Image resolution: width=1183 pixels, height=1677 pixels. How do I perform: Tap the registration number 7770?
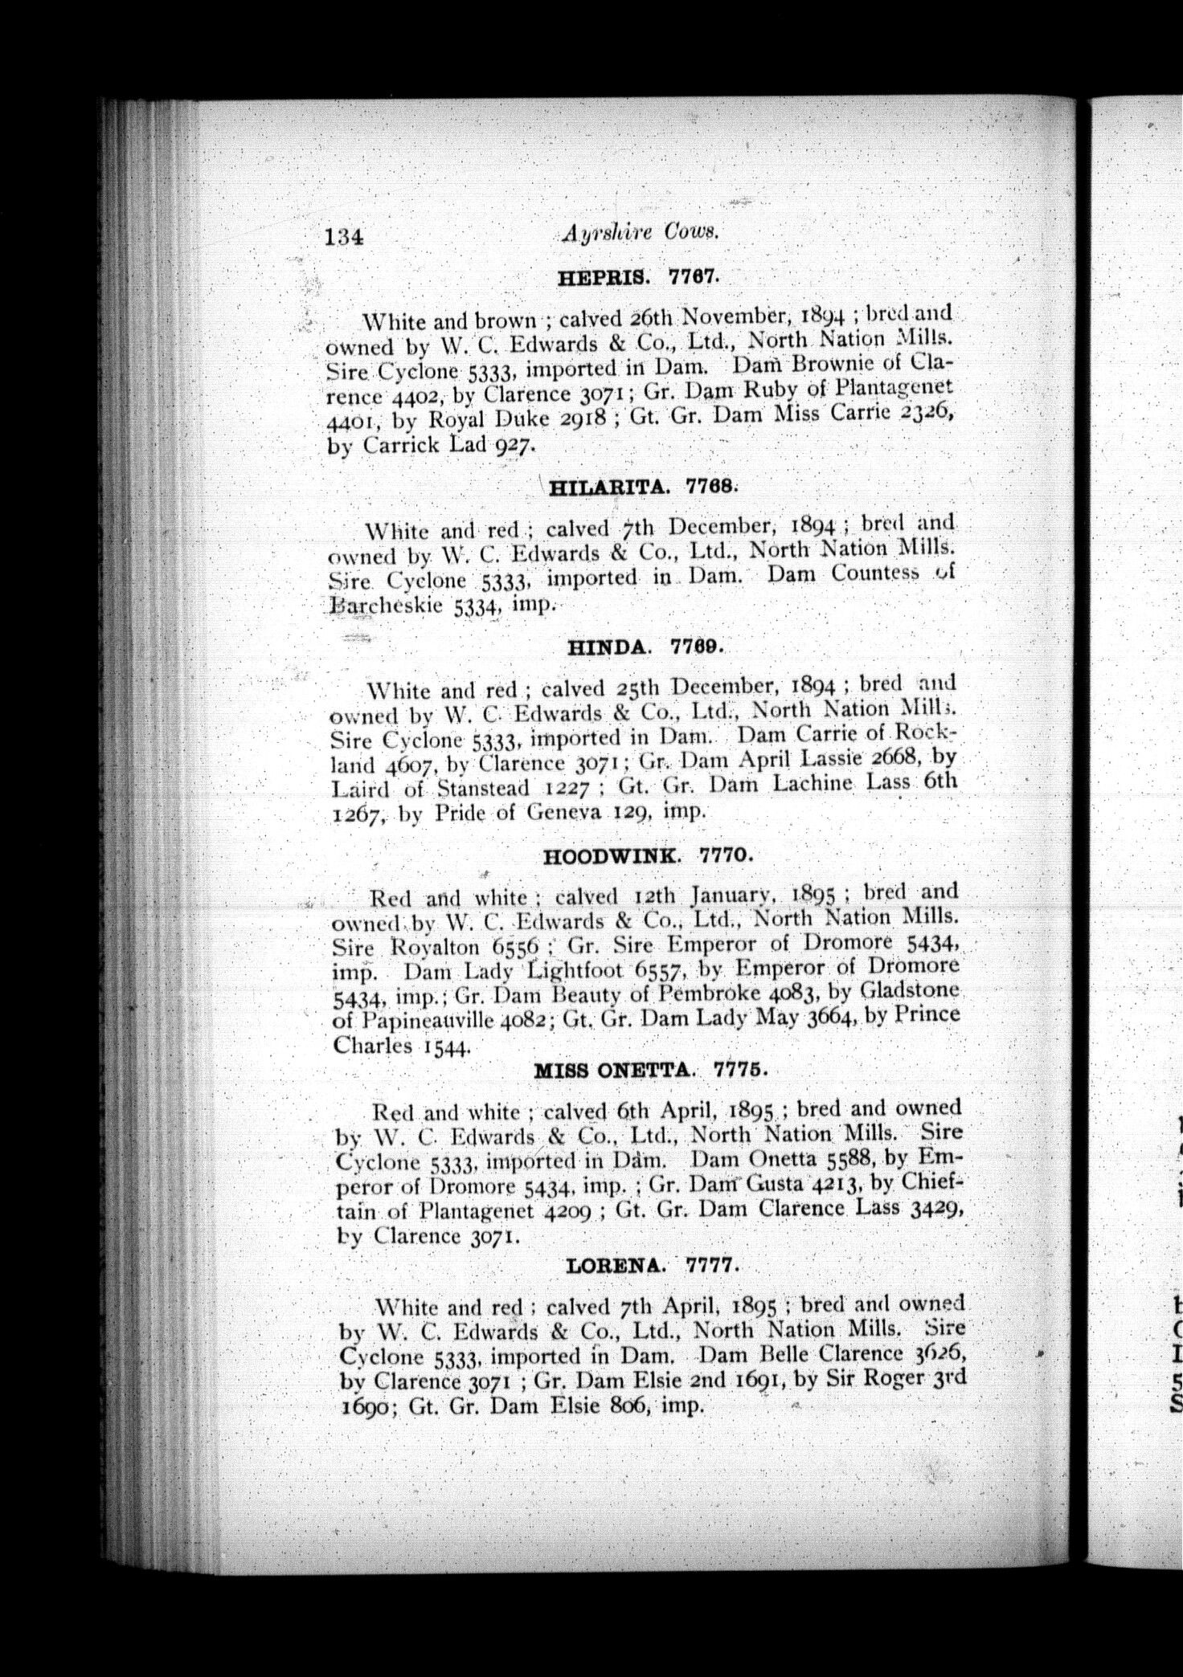pos(727,855)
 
